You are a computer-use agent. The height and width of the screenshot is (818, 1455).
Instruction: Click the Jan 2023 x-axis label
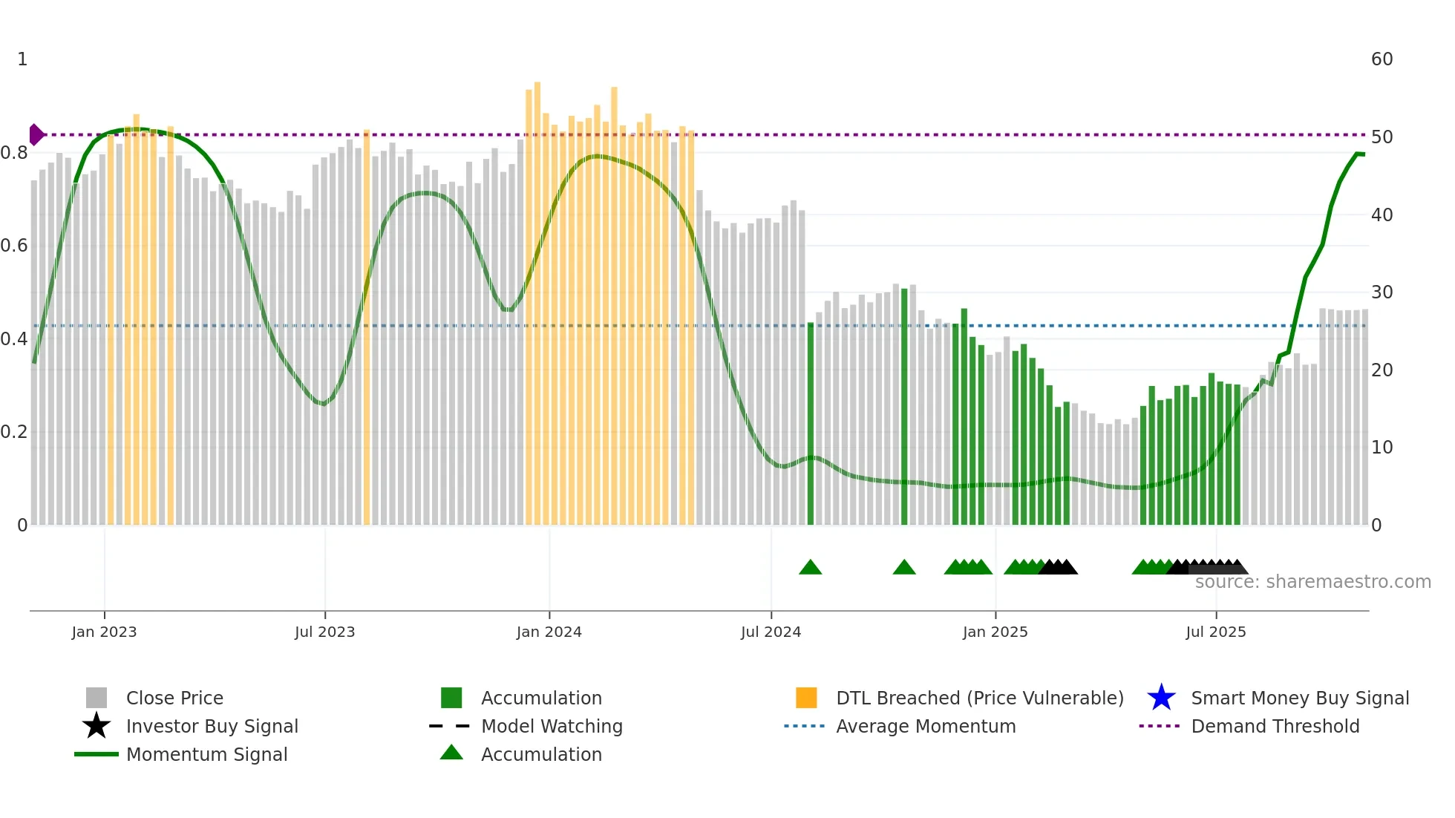coord(104,632)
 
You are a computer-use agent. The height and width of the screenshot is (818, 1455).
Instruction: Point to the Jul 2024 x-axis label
coord(771,632)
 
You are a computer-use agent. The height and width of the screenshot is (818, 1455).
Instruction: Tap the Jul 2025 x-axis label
coord(1215,632)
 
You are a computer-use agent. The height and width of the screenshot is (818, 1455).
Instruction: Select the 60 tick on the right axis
coord(1382,59)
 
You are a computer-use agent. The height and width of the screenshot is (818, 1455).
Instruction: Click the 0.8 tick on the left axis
coord(14,153)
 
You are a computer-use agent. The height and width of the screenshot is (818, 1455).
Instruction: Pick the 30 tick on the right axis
coord(1382,292)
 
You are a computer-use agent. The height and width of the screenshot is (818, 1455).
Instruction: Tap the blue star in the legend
coord(1161,698)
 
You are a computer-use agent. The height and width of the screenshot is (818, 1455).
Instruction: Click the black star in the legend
coord(97,726)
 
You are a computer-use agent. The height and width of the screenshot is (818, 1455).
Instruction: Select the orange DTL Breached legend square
coord(806,698)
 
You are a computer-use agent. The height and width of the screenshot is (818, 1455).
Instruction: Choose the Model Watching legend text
coord(552,726)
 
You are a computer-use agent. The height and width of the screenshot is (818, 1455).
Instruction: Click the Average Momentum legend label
coord(926,726)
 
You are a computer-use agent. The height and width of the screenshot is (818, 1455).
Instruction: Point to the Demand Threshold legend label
coord(1275,726)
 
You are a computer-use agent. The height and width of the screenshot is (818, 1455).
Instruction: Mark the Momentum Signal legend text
coord(206,754)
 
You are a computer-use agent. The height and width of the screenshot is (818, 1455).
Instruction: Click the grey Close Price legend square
coord(97,698)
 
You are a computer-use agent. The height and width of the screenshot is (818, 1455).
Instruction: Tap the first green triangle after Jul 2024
coord(811,568)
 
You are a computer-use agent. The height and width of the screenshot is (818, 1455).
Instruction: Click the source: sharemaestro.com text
coord(1312,582)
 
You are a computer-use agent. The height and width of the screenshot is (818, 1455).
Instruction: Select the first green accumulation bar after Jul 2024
coord(811,423)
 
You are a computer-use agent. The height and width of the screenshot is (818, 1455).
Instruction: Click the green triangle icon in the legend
coord(451,753)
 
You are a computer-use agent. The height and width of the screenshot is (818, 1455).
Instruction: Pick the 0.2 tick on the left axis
coord(14,432)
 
